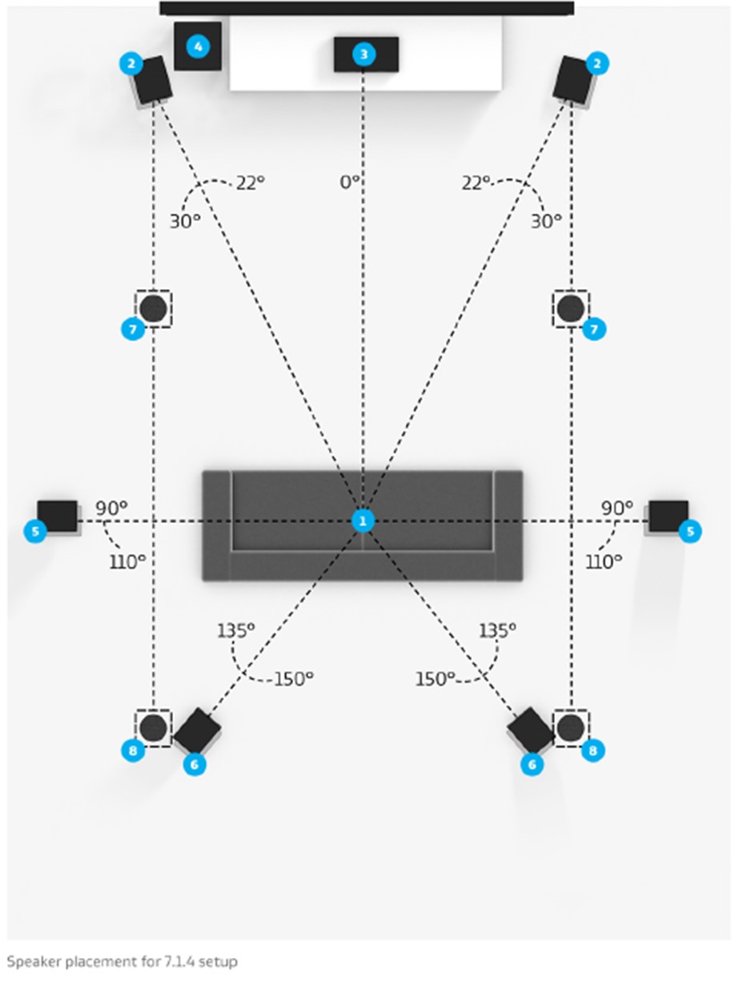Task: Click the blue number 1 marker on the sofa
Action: pos(363,521)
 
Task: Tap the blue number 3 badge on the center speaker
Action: pos(364,54)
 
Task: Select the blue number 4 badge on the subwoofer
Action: pos(197,46)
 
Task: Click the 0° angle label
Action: pos(350,183)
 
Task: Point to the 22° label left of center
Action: pos(250,183)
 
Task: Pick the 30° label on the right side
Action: pos(546,221)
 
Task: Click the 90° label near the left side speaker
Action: pos(112,509)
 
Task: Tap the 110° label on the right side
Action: pos(604,562)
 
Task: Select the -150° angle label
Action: pos(291,679)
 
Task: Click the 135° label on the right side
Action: pos(498,631)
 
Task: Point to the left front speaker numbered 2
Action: pos(152,81)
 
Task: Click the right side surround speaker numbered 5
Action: pos(668,517)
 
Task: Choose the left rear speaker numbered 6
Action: pos(197,730)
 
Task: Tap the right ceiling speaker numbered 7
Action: pos(571,308)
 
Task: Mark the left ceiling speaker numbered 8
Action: pos(153,728)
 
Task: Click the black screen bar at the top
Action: pos(367,9)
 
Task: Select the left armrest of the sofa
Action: pos(216,525)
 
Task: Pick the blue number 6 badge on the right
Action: pos(531,765)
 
